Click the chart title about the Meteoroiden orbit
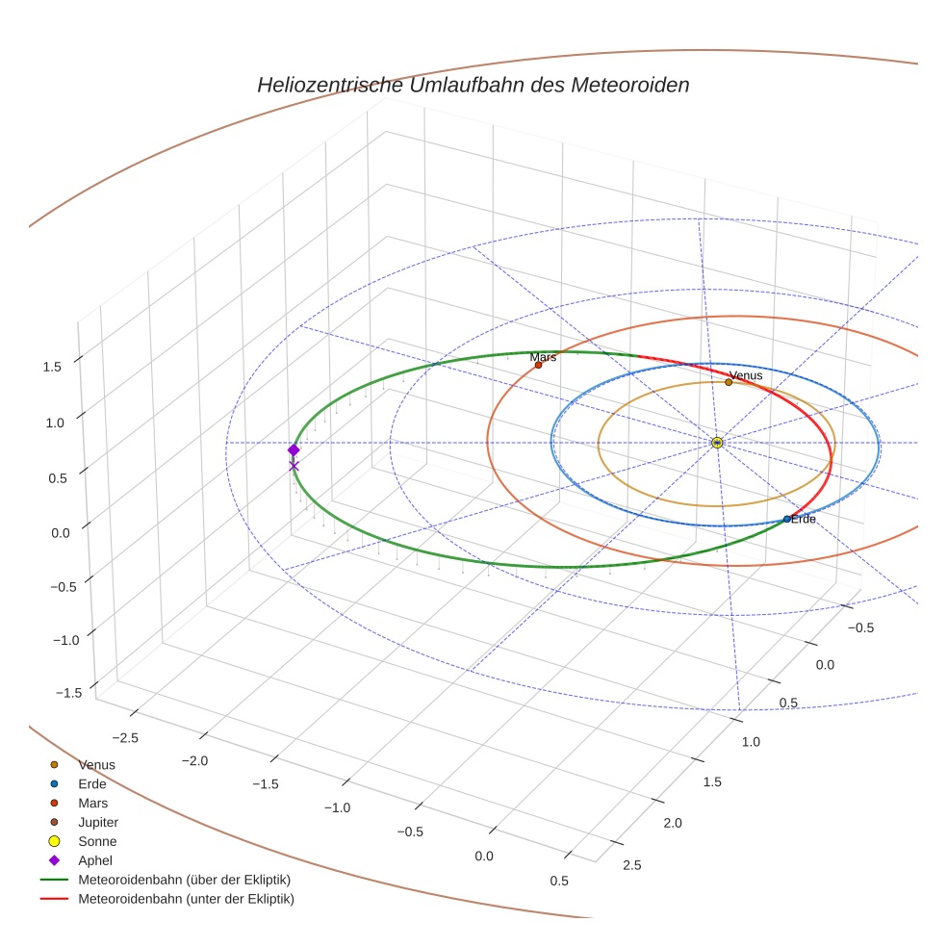(x=473, y=85)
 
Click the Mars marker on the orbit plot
(x=538, y=365)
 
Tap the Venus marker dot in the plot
(x=729, y=382)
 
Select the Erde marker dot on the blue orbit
(x=787, y=519)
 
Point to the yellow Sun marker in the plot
(x=717, y=443)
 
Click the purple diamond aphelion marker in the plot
(x=294, y=450)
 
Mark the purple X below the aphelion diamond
(x=294, y=467)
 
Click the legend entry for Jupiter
(x=97, y=822)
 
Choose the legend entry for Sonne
(x=97, y=841)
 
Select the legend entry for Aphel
(x=95, y=860)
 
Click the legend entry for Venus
(x=96, y=764)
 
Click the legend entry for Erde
(x=92, y=783)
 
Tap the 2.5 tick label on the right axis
(x=632, y=865)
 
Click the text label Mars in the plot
(x=543, y=357)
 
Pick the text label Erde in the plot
(x=804, y=520)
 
